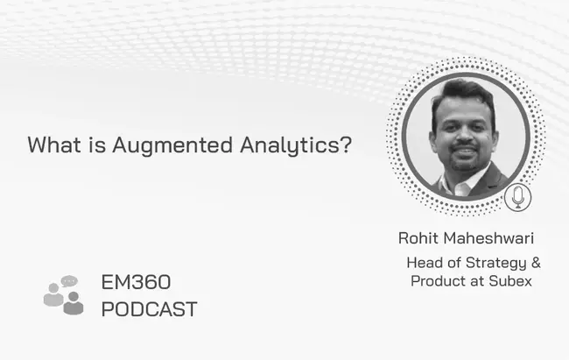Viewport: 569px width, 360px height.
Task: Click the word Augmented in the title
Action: coord(172,145)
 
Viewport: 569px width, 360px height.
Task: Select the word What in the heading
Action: coord(54,145)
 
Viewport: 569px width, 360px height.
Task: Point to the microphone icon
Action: coord(518,197)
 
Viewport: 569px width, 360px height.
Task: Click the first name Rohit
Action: coord(418,238)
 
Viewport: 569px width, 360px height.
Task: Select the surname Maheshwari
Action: coord(488,238)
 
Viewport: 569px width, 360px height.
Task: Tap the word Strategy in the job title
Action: coord(496,264)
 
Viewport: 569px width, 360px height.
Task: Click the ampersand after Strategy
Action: coord(536,262)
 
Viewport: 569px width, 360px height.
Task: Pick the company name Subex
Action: coord(510,281)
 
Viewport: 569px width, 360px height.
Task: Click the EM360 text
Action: coord(136,282)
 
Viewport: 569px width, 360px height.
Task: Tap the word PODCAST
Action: coord(149,309)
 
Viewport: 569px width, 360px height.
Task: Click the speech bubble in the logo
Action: coord(69,281)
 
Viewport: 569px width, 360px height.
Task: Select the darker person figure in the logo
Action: coord(74,303)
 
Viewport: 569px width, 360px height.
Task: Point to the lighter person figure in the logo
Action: coord(53,294)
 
